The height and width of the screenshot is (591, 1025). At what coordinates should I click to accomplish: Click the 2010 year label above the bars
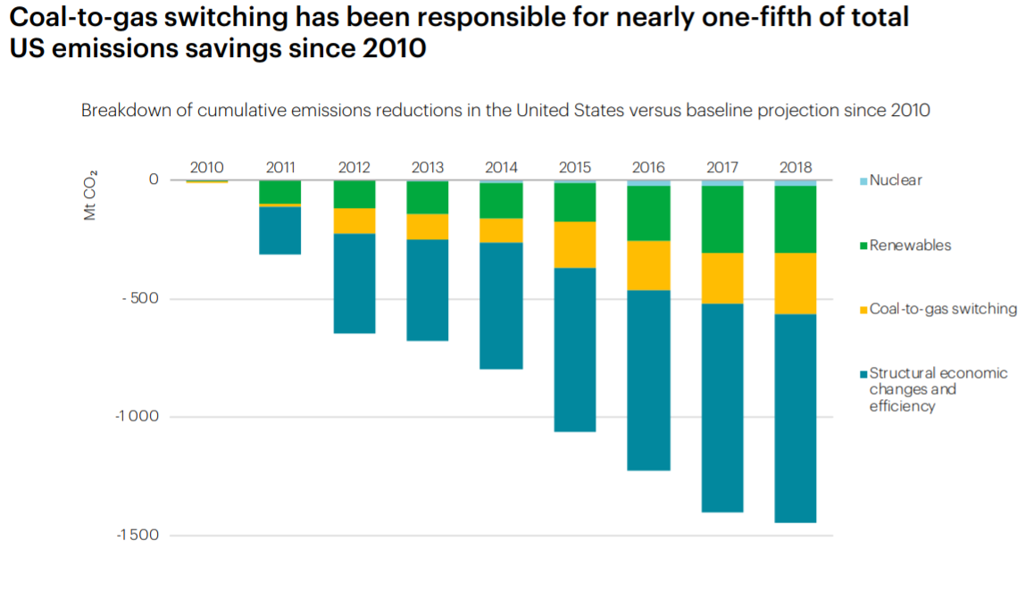pos(206,167)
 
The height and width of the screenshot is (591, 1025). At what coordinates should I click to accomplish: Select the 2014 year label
pos(501,167)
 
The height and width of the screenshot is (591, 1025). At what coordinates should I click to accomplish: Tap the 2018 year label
pos(795,167)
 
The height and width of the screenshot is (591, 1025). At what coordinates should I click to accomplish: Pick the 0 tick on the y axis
pos(154,179)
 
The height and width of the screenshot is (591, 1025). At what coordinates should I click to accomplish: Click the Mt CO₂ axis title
pos(90,196)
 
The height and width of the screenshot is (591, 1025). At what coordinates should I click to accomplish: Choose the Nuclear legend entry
pos(896,180)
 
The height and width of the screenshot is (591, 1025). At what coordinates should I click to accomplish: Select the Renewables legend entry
pos(910,246)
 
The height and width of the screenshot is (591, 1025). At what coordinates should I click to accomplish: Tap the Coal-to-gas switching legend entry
pos(943,309)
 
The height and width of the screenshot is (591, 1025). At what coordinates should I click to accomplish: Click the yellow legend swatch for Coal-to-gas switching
pos(863,310)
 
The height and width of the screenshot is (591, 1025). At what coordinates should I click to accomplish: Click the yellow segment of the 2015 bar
pos(575,245)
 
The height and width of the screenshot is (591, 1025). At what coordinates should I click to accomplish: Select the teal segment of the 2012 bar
pos(354,283)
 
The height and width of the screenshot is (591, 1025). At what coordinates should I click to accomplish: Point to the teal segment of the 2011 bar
pos(280,230)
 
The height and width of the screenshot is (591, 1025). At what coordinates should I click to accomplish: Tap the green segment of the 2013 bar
pos(428,197)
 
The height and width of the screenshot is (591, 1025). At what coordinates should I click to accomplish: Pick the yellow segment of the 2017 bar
pos(721,278)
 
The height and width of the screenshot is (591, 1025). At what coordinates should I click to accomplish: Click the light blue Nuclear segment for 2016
pos(648,182)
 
